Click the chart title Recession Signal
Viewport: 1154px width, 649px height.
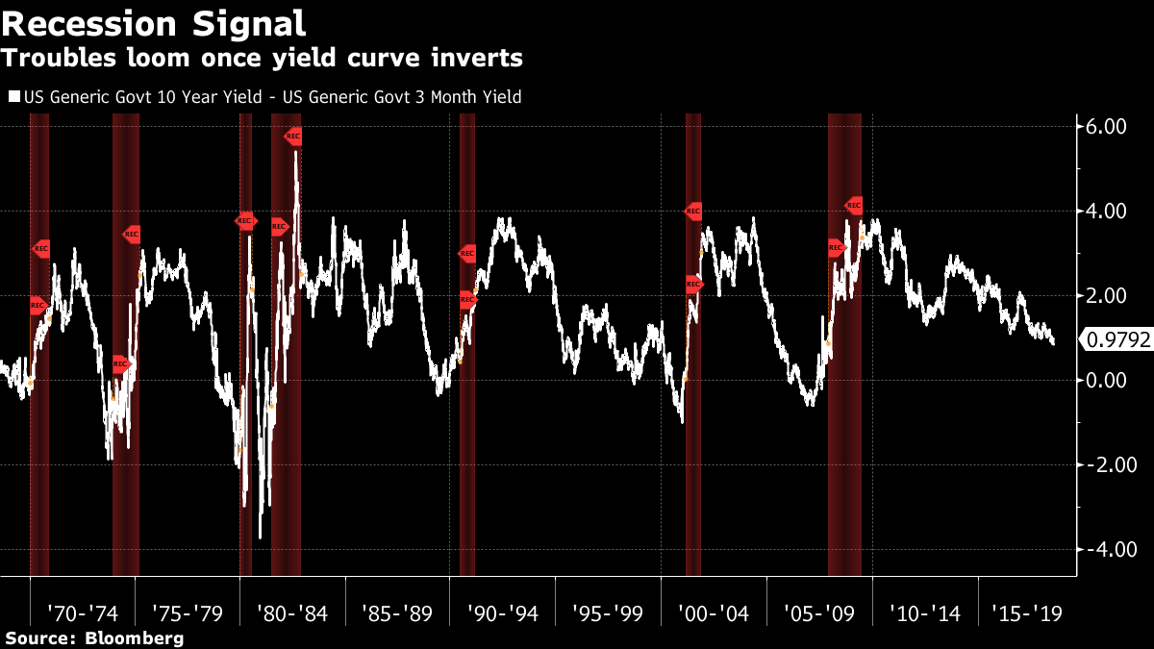(154, 23)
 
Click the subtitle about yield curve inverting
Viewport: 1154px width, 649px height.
(262, 59)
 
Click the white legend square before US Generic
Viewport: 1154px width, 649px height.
(13, 97)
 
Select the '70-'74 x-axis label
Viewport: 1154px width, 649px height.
(85, 613)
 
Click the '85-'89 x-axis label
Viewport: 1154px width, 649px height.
(397, 613)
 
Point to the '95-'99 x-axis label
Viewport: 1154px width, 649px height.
(607, 613)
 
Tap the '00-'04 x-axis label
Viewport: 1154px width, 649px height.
(713, 613)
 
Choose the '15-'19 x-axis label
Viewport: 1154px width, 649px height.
(1027, 613)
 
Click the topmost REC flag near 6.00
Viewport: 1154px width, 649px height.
(293, 137)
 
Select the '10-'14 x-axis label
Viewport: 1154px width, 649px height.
(923, 613)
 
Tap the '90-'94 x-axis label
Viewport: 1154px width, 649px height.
(501, 613)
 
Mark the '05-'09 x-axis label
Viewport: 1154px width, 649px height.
(817, 613)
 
